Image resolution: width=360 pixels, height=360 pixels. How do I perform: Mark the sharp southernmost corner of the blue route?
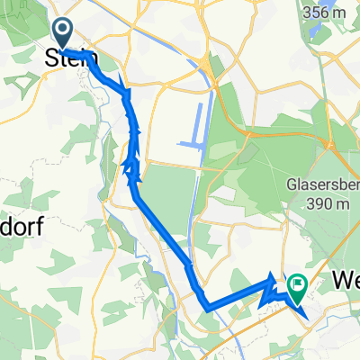point(208,309)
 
